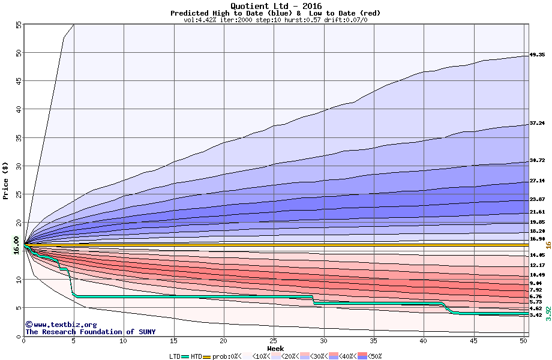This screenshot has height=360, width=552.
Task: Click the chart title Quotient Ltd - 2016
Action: [276, 6]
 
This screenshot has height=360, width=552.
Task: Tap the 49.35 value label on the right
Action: [537, 55]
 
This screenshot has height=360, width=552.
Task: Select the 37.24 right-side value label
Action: [537, 123]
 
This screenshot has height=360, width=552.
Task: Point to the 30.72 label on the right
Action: [537, 161]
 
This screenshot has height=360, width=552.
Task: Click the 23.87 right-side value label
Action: [537, 199]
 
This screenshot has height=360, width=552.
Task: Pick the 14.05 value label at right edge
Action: [537, 255]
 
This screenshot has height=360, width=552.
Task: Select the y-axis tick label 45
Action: [19, 81]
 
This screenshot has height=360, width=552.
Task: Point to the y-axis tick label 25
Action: [19, 194]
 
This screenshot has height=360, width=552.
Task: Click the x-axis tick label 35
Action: [374, 341]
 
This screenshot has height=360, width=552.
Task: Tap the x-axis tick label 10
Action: [124, 341]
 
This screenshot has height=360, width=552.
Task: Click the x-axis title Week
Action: [275, 348]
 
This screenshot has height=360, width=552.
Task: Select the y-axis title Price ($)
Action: [5, 181]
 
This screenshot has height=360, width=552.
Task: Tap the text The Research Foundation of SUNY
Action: [90, 332]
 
